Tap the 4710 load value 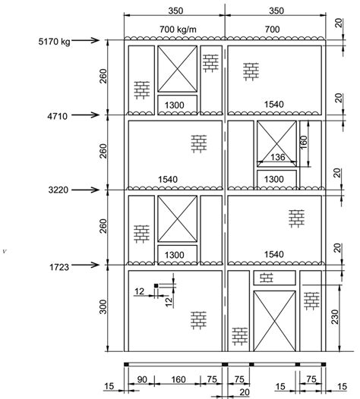(55, 115)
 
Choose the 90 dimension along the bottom (141, 379)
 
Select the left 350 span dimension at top (175, 12)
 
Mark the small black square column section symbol (155, 286)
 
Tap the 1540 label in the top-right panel (275, 103)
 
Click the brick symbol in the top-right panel (251, 71)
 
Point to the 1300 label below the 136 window (275, 178)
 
